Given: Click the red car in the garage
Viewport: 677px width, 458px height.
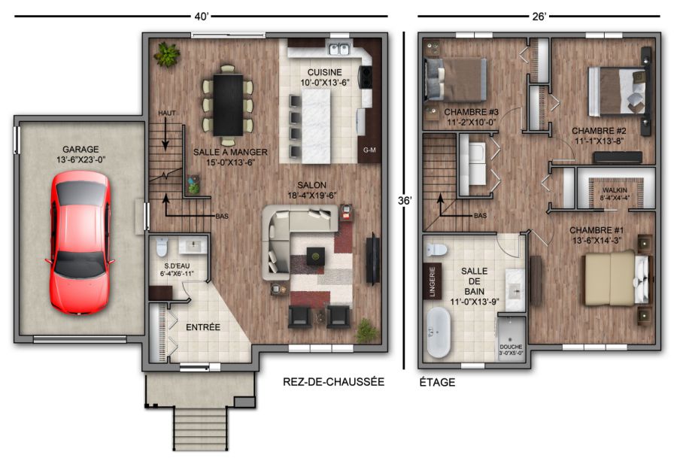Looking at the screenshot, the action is [x=80, y=241].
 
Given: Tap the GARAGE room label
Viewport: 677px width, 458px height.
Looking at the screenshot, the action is [x=80, y=150].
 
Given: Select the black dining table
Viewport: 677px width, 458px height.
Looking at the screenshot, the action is [x=228, y=105].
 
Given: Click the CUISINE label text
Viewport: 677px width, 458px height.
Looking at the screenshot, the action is [x=325, y=72].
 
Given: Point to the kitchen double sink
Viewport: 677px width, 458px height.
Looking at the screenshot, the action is [x=339, y=49].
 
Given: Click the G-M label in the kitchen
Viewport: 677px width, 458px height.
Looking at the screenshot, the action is [x=369, y=150].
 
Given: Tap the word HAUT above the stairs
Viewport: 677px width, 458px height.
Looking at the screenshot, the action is [x=167, y=113].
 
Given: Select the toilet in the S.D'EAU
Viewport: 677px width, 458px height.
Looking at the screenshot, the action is [x=162, y=247].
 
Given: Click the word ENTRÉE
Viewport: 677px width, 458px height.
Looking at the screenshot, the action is [x=203, y=327].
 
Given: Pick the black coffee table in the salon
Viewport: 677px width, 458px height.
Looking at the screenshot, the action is [x=316, y=256].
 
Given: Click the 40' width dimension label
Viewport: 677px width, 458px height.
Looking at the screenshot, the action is [x=201, y=17].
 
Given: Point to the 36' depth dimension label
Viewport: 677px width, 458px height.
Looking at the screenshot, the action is [x=405, y=201].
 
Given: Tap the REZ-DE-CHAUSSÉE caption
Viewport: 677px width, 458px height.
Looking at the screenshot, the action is [x=333, y=381].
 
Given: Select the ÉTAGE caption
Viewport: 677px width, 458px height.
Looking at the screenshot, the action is [x=437, y=382].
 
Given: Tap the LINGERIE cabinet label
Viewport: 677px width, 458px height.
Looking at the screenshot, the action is [x=433, y=281].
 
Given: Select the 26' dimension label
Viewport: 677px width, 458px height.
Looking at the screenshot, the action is [x=539, y=17].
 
